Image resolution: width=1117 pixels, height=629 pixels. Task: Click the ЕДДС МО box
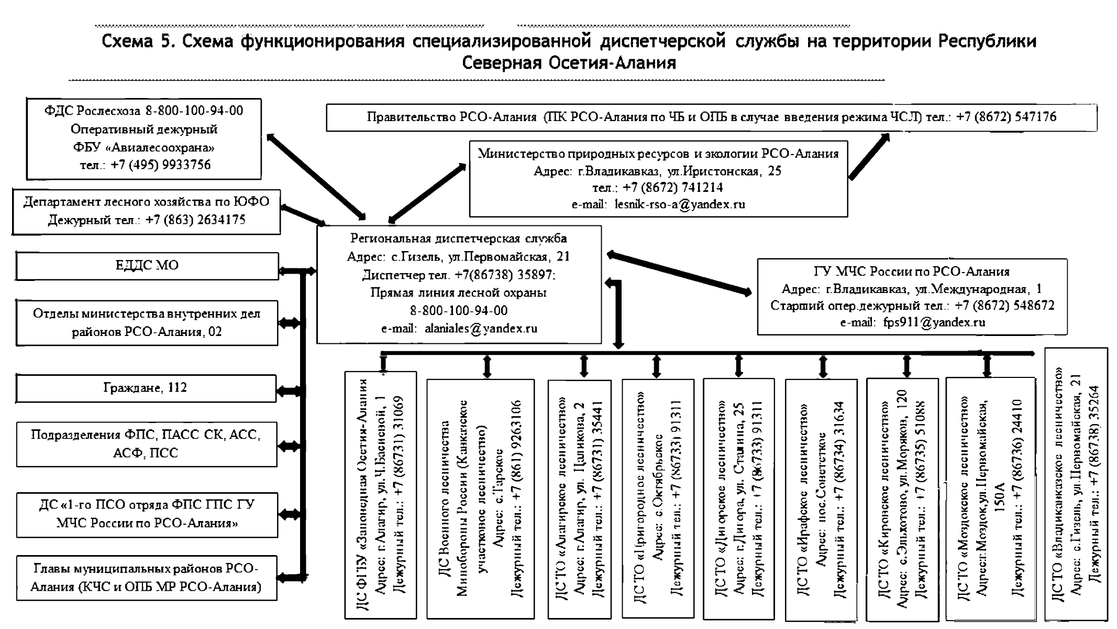[147, 266]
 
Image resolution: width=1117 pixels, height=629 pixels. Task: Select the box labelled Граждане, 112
[146, 388]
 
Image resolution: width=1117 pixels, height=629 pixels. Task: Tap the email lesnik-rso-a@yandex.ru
[680, 204]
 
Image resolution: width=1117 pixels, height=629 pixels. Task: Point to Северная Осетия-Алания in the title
[569, 63]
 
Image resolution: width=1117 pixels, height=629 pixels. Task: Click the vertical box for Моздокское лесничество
[990, 498]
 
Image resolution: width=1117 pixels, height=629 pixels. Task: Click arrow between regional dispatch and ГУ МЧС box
[679, 275]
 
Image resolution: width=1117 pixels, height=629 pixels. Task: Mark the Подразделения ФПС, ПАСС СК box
[146, 443]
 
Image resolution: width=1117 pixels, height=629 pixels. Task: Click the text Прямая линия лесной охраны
[458, 293]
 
